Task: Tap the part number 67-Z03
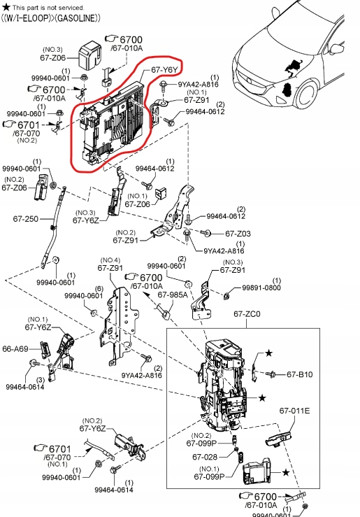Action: coord(237,233)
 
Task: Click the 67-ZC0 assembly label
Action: coord(246,315)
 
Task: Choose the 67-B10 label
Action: coord(300,374)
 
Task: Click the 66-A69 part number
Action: coord(15,348)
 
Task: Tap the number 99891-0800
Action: coord(261,288)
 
